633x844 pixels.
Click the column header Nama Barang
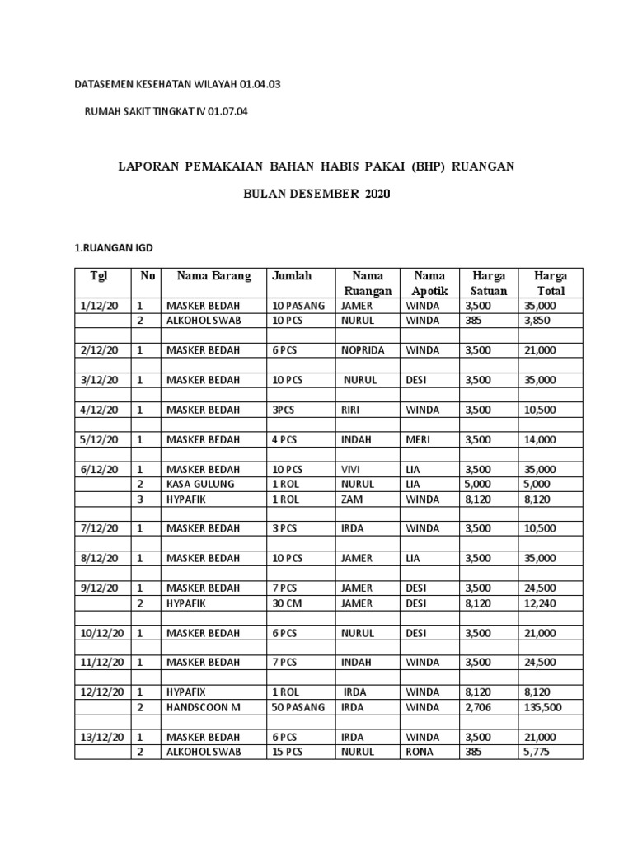coord(209,276)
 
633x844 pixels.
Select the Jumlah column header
coord(292,276)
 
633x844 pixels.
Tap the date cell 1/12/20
coord(100,305)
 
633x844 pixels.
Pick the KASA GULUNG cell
coord(200,484)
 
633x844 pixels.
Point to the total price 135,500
coord(543,707)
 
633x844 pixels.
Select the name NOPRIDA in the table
coord(363,349)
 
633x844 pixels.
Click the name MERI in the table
coord(418,439)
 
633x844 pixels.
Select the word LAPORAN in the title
coord(149,166)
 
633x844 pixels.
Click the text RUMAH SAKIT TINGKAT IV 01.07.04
coord(166,112)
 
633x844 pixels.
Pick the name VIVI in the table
coord(352,469)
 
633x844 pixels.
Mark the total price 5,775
coord(537,752)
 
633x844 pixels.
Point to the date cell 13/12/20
coord(102,737)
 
